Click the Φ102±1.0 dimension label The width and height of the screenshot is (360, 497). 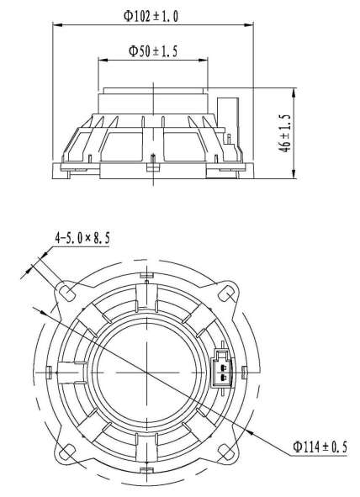151,16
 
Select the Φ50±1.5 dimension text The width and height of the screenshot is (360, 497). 153,50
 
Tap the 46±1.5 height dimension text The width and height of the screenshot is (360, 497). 286,133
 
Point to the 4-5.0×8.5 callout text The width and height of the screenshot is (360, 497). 82,238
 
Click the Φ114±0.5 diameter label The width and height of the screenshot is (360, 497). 320,447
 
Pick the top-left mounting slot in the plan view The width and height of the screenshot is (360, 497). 67,293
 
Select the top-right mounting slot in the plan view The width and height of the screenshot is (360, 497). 226,293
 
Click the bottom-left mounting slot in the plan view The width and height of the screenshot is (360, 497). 67,452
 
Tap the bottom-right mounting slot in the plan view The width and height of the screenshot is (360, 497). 225,452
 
